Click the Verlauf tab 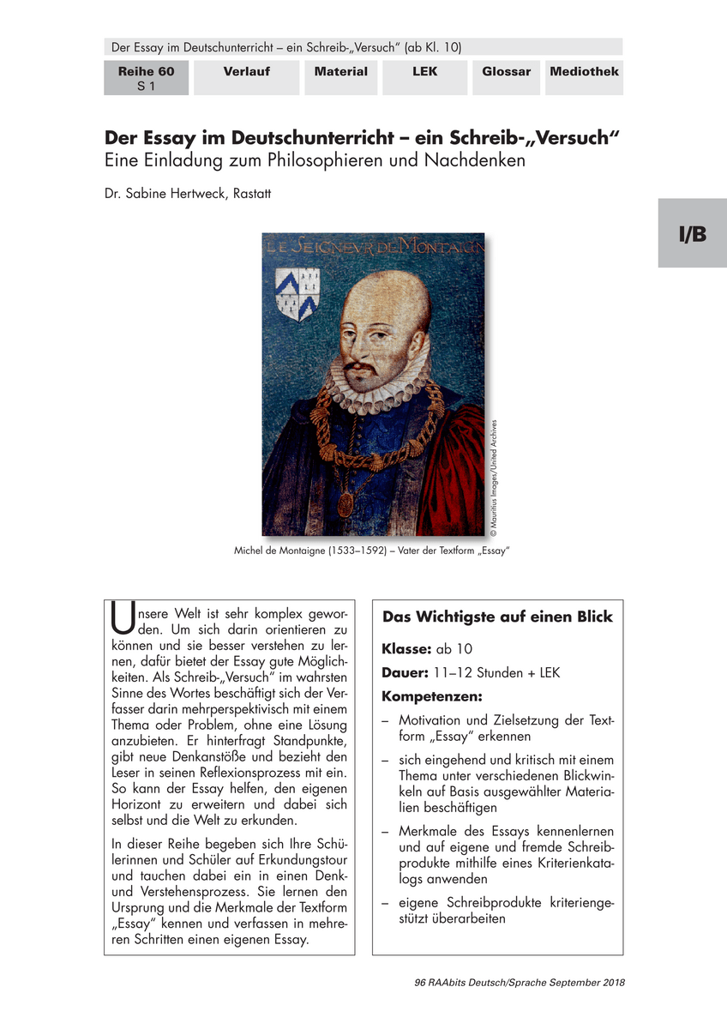coord(246,72)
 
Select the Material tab coord(340,72)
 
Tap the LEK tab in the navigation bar coord(424,72)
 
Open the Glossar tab coord(506,72)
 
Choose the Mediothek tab coord(585,72)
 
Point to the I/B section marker coord(693,233)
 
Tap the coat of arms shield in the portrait coord(297,292)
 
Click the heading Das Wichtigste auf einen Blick coord(497,617)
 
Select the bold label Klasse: coord(407,649)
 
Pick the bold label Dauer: coord(406,673)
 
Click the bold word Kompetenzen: coord(432,695)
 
